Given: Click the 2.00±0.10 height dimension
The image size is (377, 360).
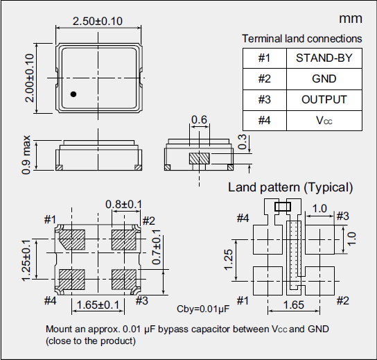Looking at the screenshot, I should pyautogui.click(x=29, y=78).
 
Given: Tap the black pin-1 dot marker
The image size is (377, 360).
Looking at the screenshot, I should pyautogui.click(x=73, y=94).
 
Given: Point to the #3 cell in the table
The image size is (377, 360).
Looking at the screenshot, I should pyautogui.click(x=263, y=100).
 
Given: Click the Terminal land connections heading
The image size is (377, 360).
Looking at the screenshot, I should pyautogui.click(x=301, y=39).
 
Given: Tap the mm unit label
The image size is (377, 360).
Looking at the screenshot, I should pyautogui.click(x=349, y=18).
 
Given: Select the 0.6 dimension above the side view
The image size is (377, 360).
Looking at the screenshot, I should pyautogui.click(x=199, y=121).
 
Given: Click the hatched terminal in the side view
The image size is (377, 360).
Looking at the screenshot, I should pyautogui.click(x=200, y=158).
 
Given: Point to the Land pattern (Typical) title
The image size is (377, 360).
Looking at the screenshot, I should pyautogui.click(x=290, y=187).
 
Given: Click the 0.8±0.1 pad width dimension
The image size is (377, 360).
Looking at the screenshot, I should pyautogui.click(x=123, y=204).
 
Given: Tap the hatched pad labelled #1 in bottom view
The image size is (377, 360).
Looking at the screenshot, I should pyautogui.click(x=71, y=240).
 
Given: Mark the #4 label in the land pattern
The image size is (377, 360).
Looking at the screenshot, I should pyautogui.click(x=242, y=218).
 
